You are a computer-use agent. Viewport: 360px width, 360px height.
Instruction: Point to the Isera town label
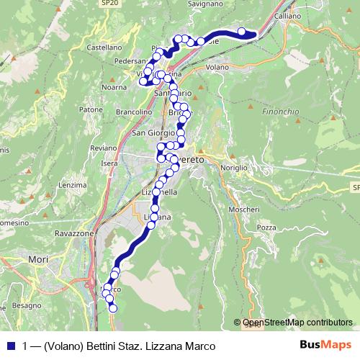109,163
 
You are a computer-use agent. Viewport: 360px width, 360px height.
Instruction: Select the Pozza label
266,227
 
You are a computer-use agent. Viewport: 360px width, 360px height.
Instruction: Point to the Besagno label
27,305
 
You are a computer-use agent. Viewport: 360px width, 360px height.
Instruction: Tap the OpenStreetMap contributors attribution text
297,323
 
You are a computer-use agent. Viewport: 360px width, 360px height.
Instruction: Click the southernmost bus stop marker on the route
112,308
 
